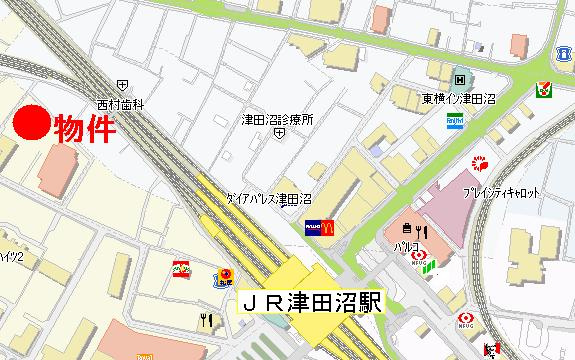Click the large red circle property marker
pyautogui.click(x=30, y=125)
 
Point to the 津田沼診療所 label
pyautogui.click(x=278, y=120)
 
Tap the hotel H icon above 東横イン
pyautogui.click(x=459, y=79)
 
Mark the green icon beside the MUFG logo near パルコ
pyautogui.click(x=432, y=264)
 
